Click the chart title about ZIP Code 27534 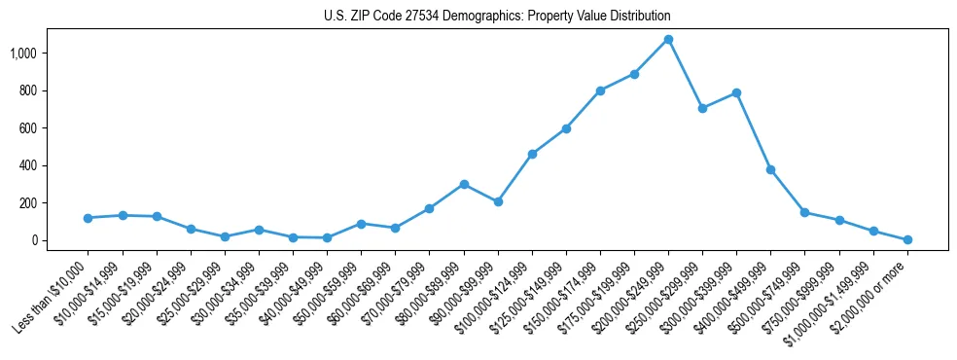click(497, 17)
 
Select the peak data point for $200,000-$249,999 click(668, 40)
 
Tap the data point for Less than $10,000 click(89, 218)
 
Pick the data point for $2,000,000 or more click(907, 239)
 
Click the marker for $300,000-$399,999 click(736, 92)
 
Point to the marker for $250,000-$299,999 click(702, 108)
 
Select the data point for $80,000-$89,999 click(464, 184)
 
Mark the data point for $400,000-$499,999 click(770, 169)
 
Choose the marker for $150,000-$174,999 click(600, 90)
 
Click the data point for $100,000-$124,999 click(532, 154)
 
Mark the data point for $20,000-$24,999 click(191, 229)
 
